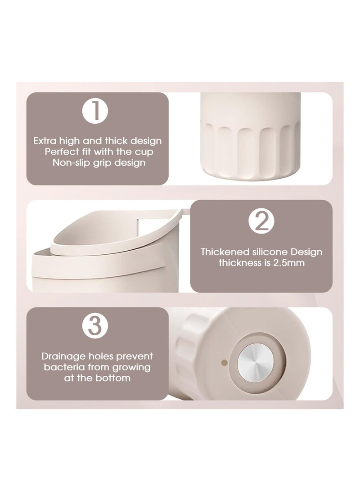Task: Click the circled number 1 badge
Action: (x=95, y=111)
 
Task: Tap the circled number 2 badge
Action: (x=261, y=221)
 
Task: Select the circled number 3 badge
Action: (x=95, y=326)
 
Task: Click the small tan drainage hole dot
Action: (x=224, y=363)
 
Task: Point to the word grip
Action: (x=102, y=163)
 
